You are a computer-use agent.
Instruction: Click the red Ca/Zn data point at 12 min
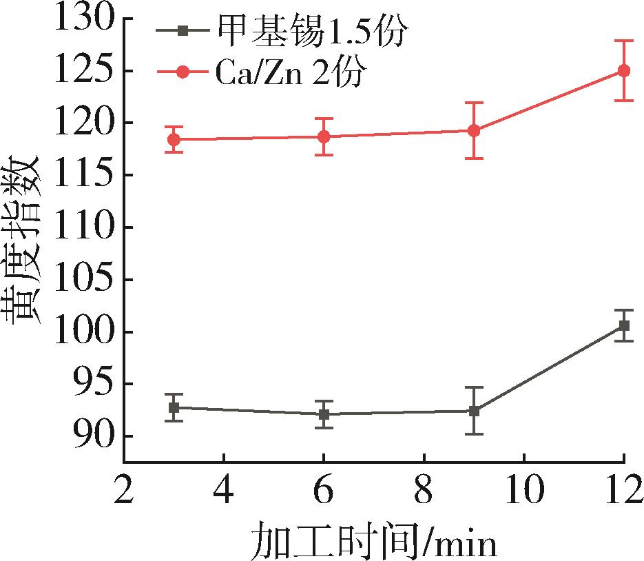click(x=623, y=70)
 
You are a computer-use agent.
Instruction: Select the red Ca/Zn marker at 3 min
click(x=174, y=139)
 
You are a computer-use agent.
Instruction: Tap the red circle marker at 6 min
click(x=324, y=136)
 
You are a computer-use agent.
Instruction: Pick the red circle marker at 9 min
click(x=474, y=130)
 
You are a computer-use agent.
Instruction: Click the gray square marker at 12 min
click(x=623, y=325)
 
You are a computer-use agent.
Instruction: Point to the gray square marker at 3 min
click(x=174, y=407)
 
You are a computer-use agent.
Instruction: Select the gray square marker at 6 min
click(x=324, y=414)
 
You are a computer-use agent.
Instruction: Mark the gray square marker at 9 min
click(x=474, y=411)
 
